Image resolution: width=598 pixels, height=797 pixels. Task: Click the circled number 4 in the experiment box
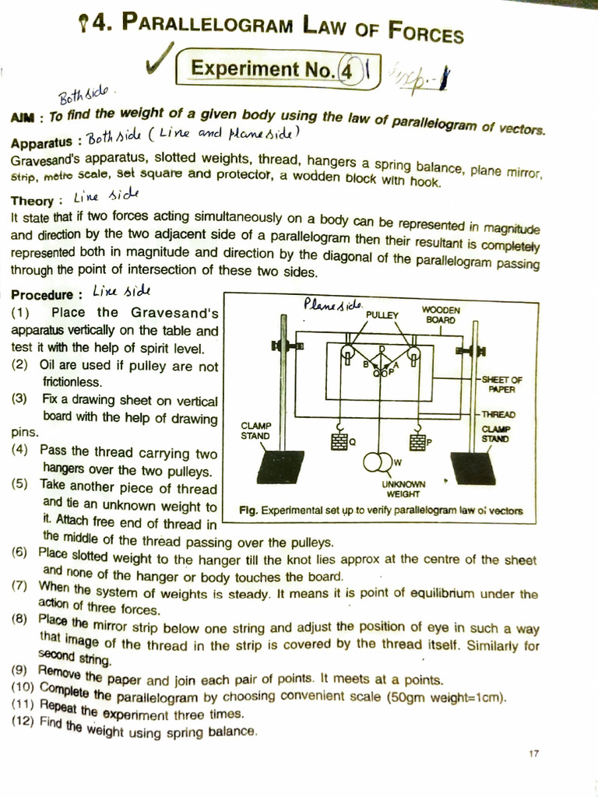coord(346,71)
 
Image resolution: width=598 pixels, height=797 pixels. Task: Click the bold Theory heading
coord(32,200)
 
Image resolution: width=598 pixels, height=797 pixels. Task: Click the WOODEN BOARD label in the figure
coord(441,314)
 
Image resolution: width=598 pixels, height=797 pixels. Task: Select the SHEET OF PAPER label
coord(501,384)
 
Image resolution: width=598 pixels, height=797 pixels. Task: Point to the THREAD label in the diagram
coord(498,415)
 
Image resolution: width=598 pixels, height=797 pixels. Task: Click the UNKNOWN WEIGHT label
coord(403,489)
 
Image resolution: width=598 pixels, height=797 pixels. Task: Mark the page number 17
coord(533,753)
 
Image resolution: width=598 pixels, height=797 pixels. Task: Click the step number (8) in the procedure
coord(20,620)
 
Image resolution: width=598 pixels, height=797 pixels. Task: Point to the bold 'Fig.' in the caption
coord(249,511)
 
